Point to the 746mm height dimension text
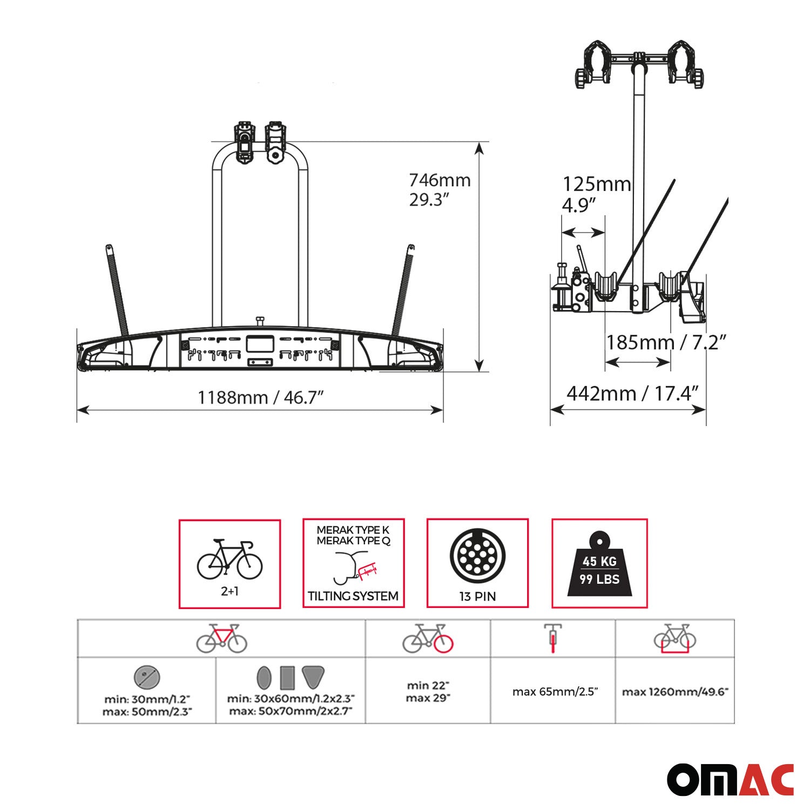[440, 180]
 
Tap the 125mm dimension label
[596, 185]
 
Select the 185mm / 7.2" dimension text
[666, 342]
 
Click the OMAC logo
[730, 779]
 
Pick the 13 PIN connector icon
[477, 556]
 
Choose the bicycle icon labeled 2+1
[230, 559]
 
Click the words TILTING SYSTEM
[353, 596]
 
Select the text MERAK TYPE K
[353, 530]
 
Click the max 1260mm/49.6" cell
[675, 692]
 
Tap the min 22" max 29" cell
[428, 691]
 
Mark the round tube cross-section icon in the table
[147, 677]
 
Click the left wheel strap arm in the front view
[118, 292]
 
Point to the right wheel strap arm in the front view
[404, 292]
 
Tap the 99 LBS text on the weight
[599, 579]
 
